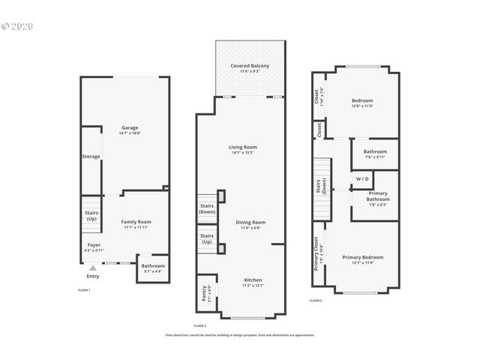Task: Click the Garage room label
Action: [x=129, y=127]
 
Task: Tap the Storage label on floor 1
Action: [x=91, y=157]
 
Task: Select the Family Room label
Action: [x=136, y=222]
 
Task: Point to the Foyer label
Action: [x=94, y=245]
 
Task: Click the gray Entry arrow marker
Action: [x=92, y=268]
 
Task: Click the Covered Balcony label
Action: [x=250, y=66]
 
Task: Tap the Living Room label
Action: [x=243, y=147]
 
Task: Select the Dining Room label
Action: [x=250, y=222]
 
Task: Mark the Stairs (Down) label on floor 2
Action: [x=207, y=208]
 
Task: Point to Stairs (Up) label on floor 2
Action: [x=207, y=239]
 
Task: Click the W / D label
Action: [x=362, y=179]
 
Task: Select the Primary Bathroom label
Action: [x=377, y=199]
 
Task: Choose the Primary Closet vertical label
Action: [x=316, y=255]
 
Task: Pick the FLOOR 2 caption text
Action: [x=199, y=325]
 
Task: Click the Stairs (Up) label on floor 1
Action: [x=91, y=216]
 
